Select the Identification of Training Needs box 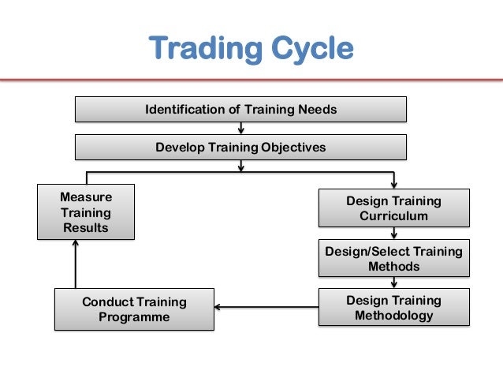[240, 109]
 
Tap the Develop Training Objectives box [240, 147]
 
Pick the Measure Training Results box [86, 211]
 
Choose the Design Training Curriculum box [393, 208]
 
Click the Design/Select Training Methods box [393, 259]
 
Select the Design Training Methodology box [393, 308]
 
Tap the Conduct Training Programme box [134, 309]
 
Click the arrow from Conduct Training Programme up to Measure [76, 264]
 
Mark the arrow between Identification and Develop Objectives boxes [240, 128]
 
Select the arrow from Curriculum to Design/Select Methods [393, 233]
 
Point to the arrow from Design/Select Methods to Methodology [393, 283]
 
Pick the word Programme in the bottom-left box [134, 317]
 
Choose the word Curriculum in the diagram [393, 216]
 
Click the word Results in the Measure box [86, 228]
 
